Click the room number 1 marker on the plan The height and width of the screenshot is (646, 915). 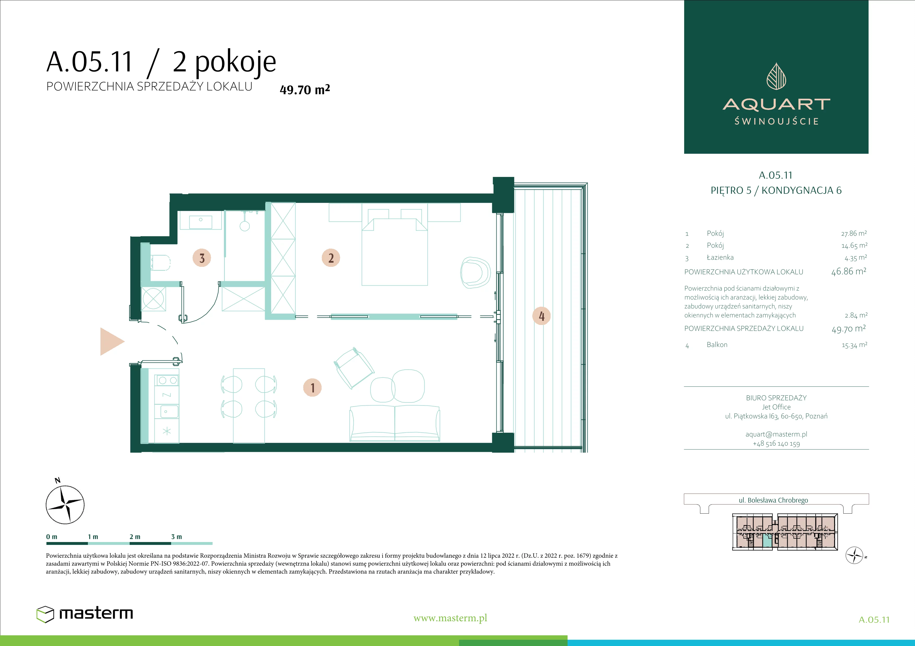tap(312, 387)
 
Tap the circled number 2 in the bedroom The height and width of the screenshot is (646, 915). tap(331, 258)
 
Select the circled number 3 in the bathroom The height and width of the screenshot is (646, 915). tap(202, 258)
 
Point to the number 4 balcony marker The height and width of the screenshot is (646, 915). tap(541, 316)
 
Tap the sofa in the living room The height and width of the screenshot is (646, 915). tap(395, 423)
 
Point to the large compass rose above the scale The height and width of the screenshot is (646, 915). tap(65, 504)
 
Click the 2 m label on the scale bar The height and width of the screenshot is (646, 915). tap(135, 537)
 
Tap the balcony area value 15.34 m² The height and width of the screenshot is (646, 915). tap(854, 345)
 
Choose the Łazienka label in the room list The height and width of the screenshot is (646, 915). tap(720, 257)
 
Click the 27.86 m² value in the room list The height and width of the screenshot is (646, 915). tap(854, 233)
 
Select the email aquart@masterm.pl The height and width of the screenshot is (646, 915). tap(776, 434)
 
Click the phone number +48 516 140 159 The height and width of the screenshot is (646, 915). tap(776, 444)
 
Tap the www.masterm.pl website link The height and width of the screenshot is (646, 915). tap(450, 618)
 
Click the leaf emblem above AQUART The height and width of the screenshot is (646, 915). tap(776, 76)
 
